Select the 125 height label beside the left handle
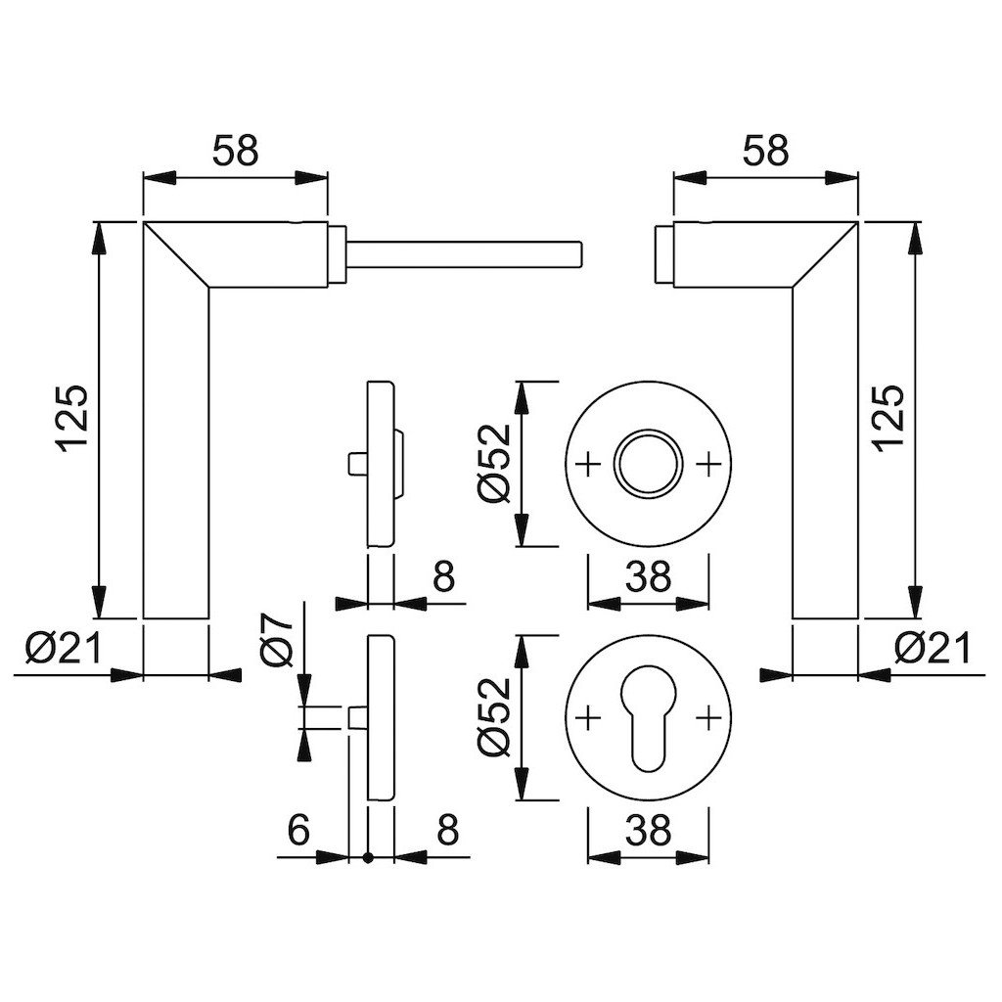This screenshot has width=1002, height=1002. [x=73, y=419]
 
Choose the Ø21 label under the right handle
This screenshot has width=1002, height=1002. [x=932, y=647]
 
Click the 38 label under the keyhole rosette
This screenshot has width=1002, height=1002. [x=648, y=831]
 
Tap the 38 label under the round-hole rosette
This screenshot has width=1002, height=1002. [x=648, y=577]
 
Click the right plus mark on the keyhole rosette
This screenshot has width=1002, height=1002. [x=706, y=720]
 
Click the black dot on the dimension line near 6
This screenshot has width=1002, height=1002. [x=368, y=858]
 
